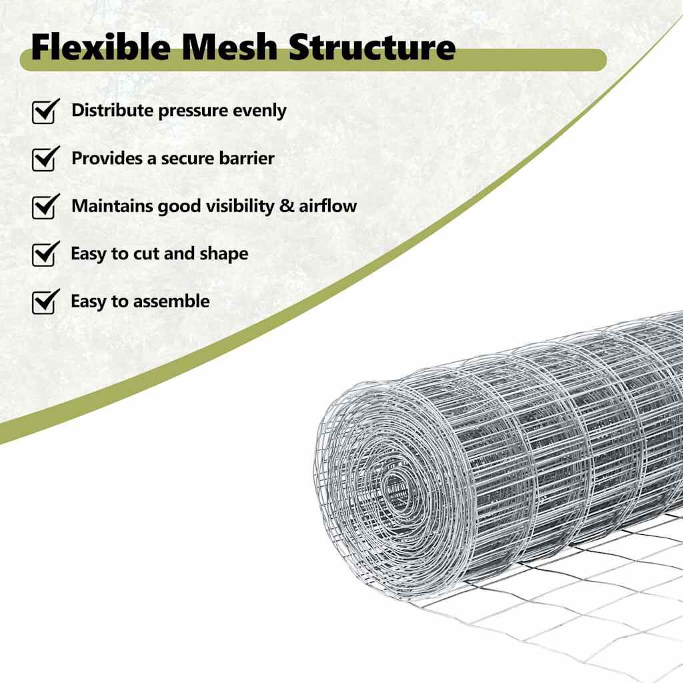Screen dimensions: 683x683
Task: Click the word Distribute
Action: [x=112, y=110]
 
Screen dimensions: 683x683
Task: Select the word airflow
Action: [x=327, y=205]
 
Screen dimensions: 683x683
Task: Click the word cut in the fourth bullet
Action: [x=146, y=254]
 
